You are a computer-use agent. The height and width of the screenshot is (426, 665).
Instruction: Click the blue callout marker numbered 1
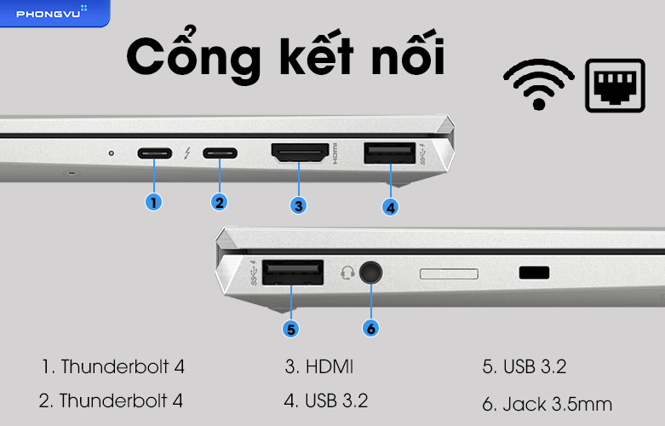coord(153,202)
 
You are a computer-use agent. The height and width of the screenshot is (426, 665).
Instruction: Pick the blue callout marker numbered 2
coord(220,202)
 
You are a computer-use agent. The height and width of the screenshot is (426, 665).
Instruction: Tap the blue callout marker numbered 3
coord(298,204)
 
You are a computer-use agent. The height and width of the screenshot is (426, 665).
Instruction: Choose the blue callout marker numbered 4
coord(390,206)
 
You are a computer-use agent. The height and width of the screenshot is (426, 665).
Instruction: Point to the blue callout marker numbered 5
coord(290,326)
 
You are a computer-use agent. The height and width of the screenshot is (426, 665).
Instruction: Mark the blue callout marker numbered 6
coord(370,327)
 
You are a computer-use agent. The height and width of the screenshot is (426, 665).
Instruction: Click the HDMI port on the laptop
coord(300,154)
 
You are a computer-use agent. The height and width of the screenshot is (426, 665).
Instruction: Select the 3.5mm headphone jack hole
coord(370,273)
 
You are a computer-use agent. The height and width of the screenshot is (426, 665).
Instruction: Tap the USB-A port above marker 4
coord(389,153)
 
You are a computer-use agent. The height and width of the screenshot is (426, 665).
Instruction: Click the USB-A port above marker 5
coord(293,273)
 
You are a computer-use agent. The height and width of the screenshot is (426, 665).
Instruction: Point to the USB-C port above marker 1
coord(154,154)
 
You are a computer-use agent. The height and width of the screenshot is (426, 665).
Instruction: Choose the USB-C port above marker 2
coord(220,154)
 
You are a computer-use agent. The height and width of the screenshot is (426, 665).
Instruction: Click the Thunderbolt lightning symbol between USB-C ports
coord(187,154)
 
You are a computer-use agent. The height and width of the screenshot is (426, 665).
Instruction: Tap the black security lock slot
coord(534,273)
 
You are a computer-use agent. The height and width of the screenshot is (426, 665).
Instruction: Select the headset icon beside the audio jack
coord(347,273)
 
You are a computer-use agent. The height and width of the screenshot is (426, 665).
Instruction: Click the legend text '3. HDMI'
coord(319,367)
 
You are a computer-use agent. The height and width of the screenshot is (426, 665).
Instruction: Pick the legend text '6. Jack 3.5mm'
coord(547,403)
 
